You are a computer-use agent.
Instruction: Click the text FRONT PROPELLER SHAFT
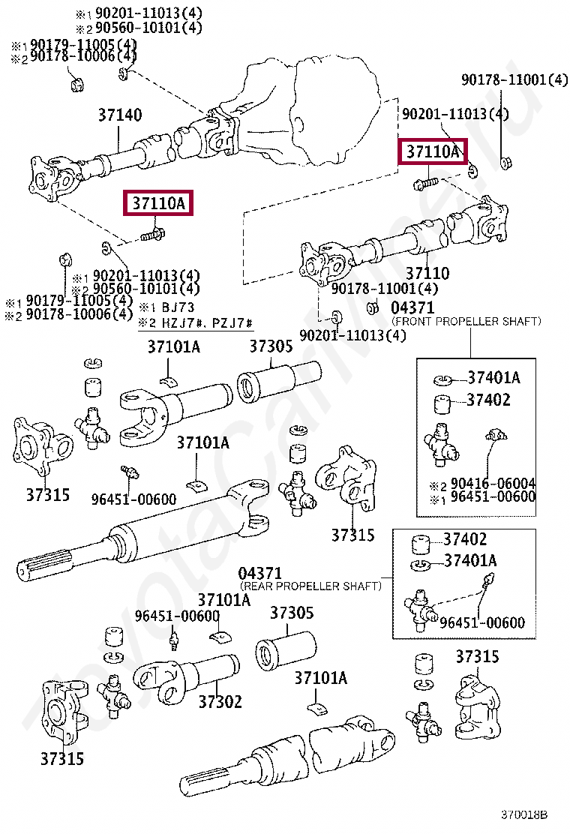click(x=466, y=321)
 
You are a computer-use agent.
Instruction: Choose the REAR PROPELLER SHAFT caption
click(x=310, y=585)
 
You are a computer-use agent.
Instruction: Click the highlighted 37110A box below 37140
click(x=159, y=203)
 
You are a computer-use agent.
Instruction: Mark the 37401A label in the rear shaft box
click(x=470, y=560)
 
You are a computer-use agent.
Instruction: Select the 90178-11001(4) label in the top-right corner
click(x=514, y=79)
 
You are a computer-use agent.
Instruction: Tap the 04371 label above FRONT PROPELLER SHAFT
click(x=412, y=307)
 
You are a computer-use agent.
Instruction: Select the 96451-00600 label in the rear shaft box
click(x=482, y=622)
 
